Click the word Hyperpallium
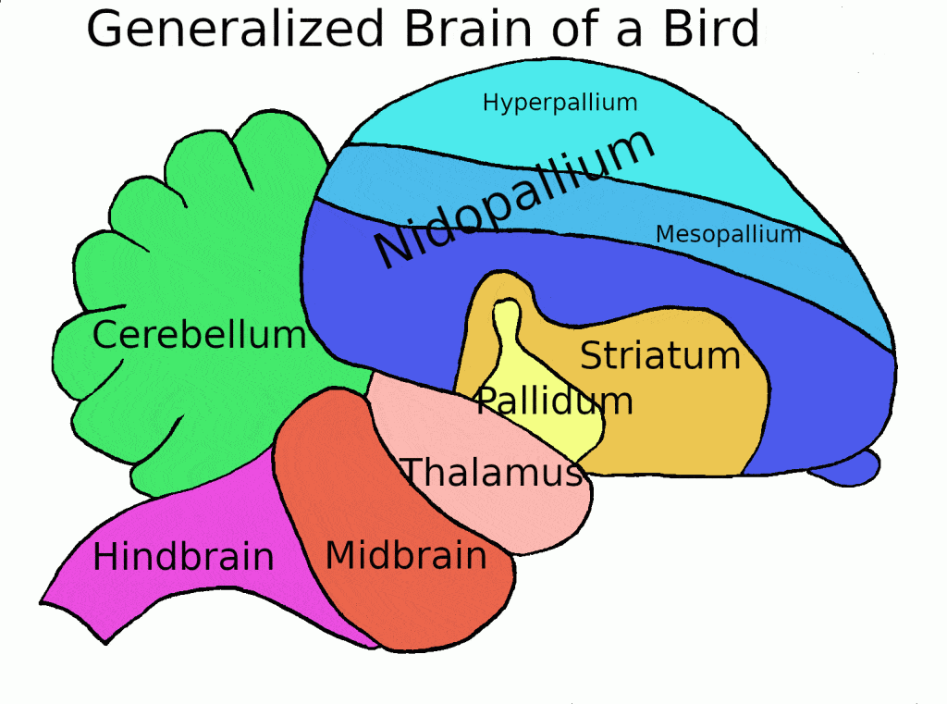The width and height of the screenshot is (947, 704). pyautogui.click(x=560, y=103)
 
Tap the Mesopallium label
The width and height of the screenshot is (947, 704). pyautogui.click(x=728, y=235)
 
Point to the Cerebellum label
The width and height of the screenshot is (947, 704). pyautogui.click(x=199, y=335)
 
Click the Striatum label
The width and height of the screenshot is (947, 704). pyautogui.click(x=660, y=355)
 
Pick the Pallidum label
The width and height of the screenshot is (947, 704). pyautogui.click(x=554, y=401)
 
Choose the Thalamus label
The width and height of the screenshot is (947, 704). pyautogui.click(x=492, y=473)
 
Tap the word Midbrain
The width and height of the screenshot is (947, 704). pyautogui.click(x=406, y=555)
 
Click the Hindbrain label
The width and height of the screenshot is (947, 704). pyautogui.click(x=183, y=557)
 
